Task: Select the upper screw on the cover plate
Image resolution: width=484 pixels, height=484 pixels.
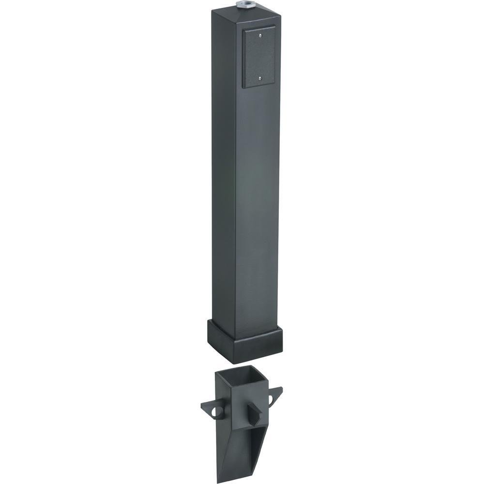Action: pyautogui.click(x=260, y=35)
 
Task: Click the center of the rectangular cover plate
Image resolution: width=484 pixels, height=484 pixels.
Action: pyautogui.click(x=260, y=57)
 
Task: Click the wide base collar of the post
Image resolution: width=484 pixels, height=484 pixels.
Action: pyautogui.click(x=244, y=341)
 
